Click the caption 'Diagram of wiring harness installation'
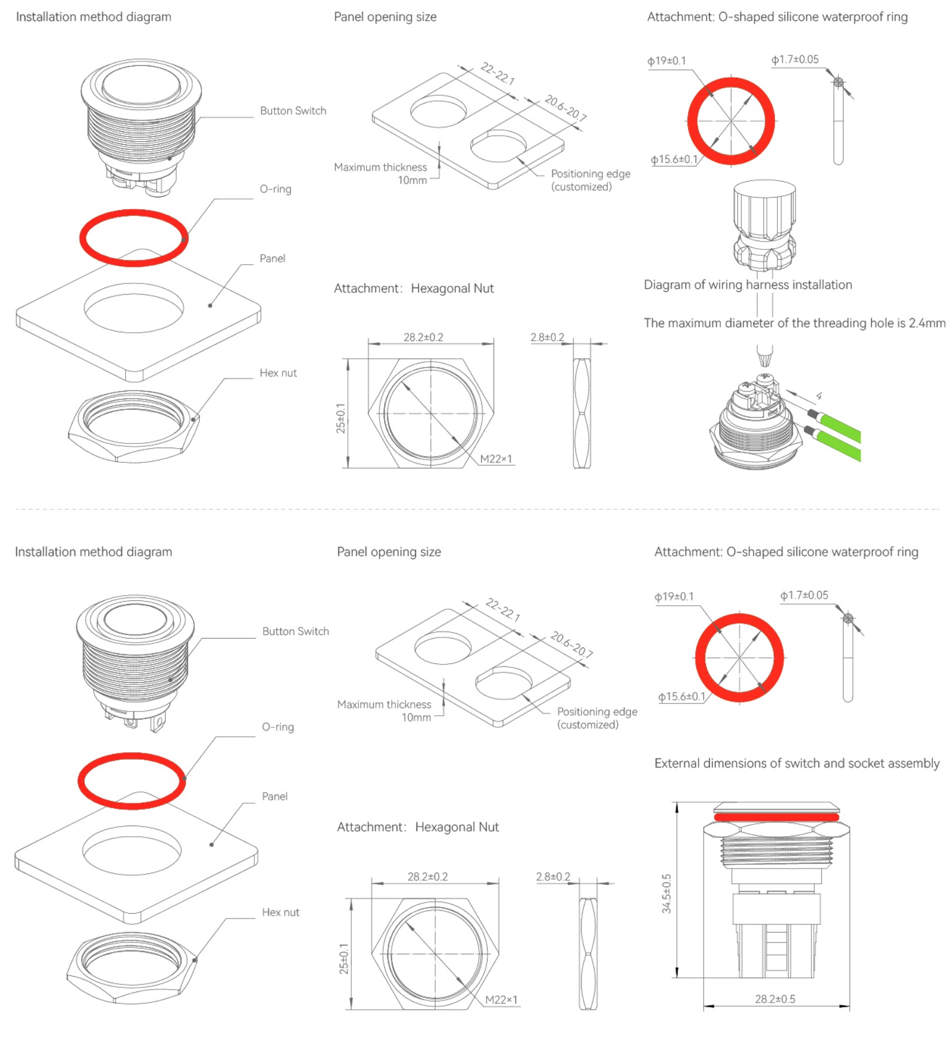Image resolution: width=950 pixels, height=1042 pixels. point(747,285)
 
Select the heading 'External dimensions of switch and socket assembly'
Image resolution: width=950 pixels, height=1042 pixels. point(797,763)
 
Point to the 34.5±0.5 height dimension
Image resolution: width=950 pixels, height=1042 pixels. point(666,893)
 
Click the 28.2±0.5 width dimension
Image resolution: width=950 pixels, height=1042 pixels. point(775,999)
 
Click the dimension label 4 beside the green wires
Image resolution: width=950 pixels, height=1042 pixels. point(818,396)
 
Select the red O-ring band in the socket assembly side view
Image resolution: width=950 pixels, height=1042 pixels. point(776,817)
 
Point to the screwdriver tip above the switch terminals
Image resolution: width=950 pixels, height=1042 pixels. point(764,356)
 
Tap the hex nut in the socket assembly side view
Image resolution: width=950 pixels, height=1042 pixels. point(776,830)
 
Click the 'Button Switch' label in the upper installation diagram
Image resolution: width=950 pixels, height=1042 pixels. point(293,111)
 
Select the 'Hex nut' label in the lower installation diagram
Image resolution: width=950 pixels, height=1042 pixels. point(280,912)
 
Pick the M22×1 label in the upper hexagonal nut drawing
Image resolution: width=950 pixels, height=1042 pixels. point(496,459)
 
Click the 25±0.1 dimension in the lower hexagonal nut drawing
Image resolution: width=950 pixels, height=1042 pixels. point(344,959)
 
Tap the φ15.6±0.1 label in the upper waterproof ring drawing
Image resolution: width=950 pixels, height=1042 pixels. point(674,159)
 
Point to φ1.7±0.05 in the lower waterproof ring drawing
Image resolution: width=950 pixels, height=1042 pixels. point(804,595)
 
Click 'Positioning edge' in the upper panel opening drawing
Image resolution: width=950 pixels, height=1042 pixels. point(590,174)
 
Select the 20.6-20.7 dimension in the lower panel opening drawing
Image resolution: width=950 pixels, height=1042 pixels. point(572,644)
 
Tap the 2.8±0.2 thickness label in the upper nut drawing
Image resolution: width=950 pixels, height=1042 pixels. point(547,338)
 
